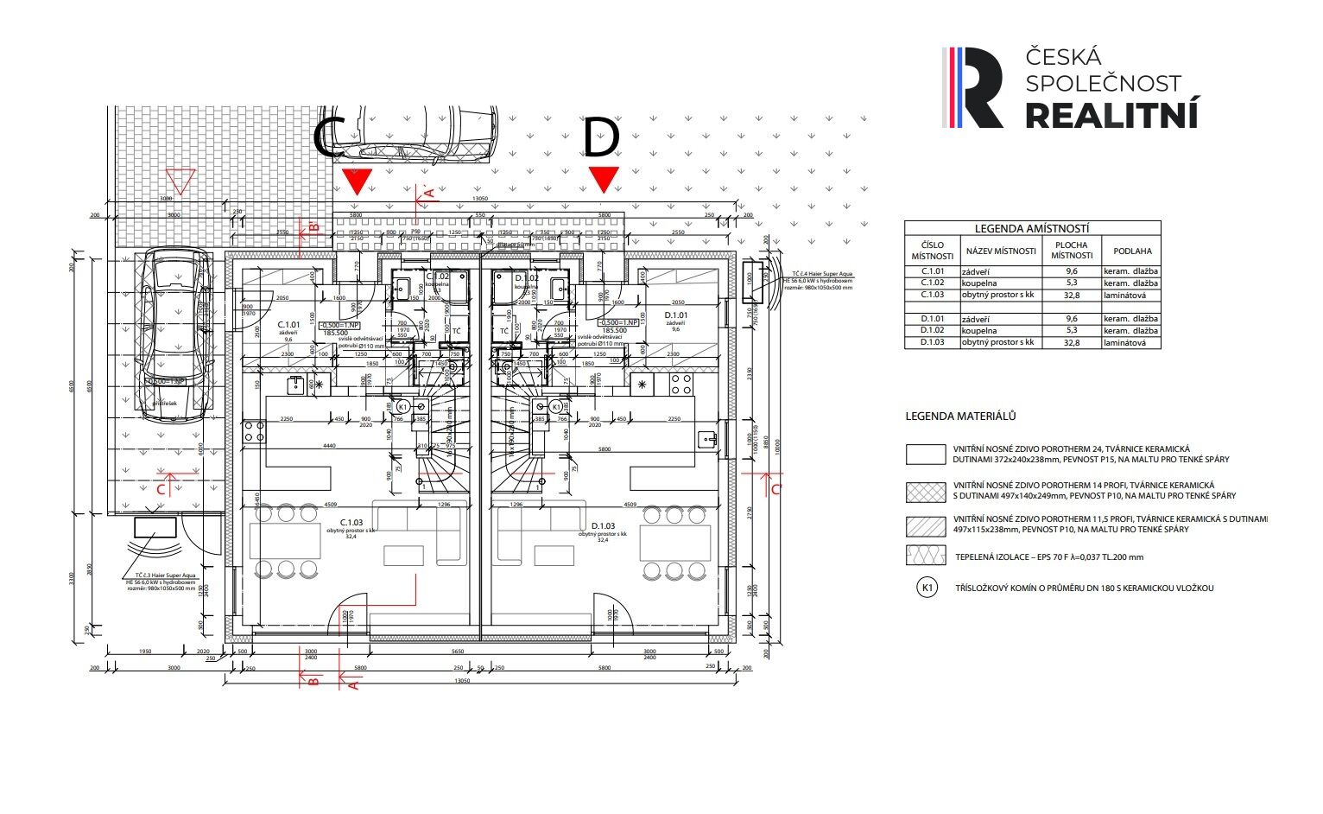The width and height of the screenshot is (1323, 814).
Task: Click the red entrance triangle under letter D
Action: click(604, 180)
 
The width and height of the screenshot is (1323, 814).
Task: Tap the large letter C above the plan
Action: click(330, 138)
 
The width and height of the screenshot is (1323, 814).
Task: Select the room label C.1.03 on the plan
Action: click(351, 523)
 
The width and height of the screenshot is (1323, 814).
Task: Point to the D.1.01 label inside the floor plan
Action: click(676, 315)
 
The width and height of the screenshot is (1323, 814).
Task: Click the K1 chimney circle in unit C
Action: click(402, 406)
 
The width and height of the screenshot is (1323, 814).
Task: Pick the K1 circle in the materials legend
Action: click(927, 588)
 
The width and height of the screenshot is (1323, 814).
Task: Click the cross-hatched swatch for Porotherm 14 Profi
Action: click(925, 492)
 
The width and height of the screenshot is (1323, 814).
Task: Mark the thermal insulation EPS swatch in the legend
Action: click(925, 555)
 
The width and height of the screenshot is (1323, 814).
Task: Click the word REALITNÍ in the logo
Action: click(1111, 114)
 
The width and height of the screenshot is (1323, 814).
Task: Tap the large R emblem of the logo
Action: click(975, 87)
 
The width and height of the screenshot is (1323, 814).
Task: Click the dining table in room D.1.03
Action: click(679, 541)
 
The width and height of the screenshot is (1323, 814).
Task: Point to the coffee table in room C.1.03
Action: click(403, 555)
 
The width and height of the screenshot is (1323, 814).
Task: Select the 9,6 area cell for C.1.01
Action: click(1071, 270)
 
